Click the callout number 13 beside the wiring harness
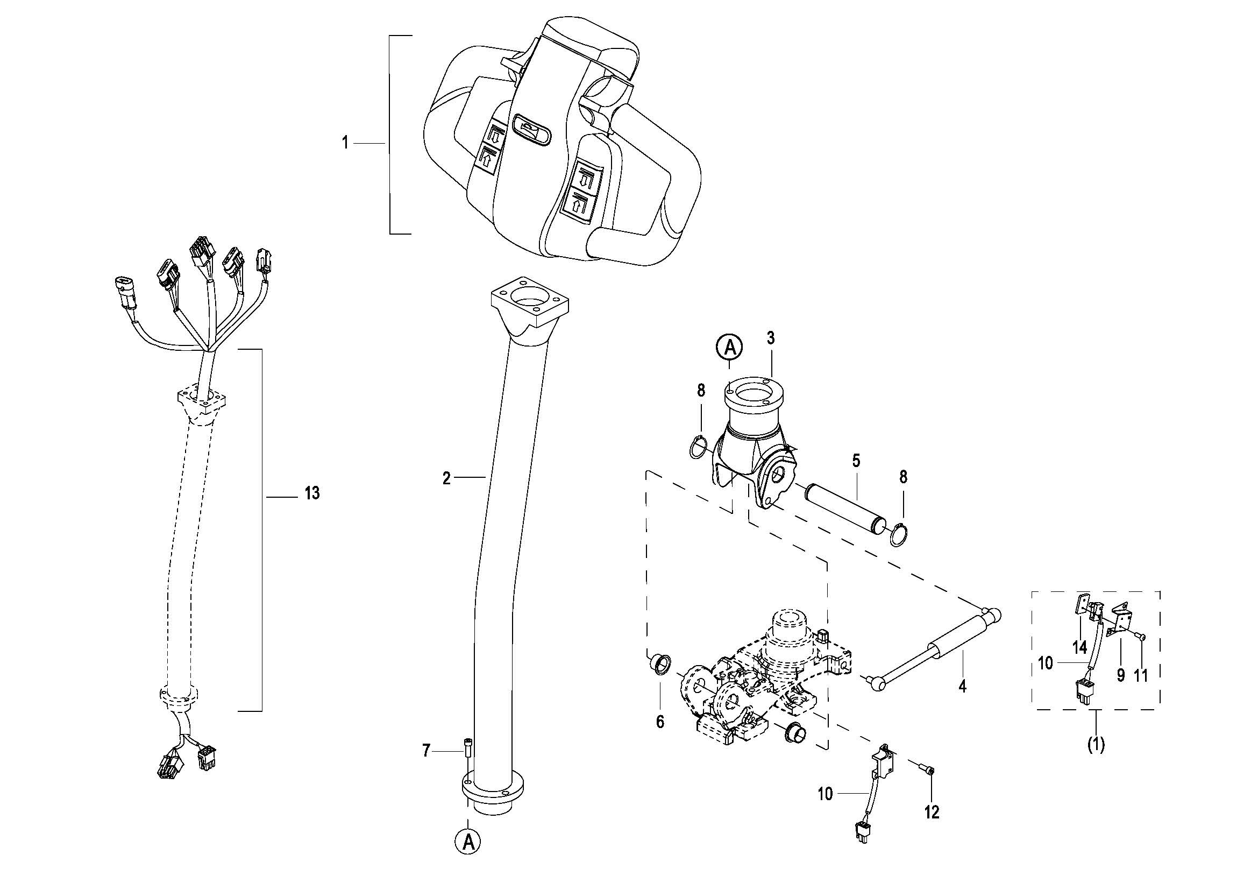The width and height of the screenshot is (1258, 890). pos(312,493)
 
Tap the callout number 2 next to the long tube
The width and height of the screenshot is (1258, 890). pos(446,478)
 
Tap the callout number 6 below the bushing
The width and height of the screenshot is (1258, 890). pos(660,722)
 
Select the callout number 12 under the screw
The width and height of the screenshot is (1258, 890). pos(932,811)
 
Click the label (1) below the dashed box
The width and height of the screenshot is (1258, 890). pos(1096,745)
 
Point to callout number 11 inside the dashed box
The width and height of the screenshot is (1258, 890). pos(1141,676)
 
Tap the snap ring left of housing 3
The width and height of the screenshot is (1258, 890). pos(698,447)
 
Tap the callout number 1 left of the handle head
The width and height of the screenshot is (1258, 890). pos(345,143)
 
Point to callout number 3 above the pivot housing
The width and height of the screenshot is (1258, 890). pos(771,338)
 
